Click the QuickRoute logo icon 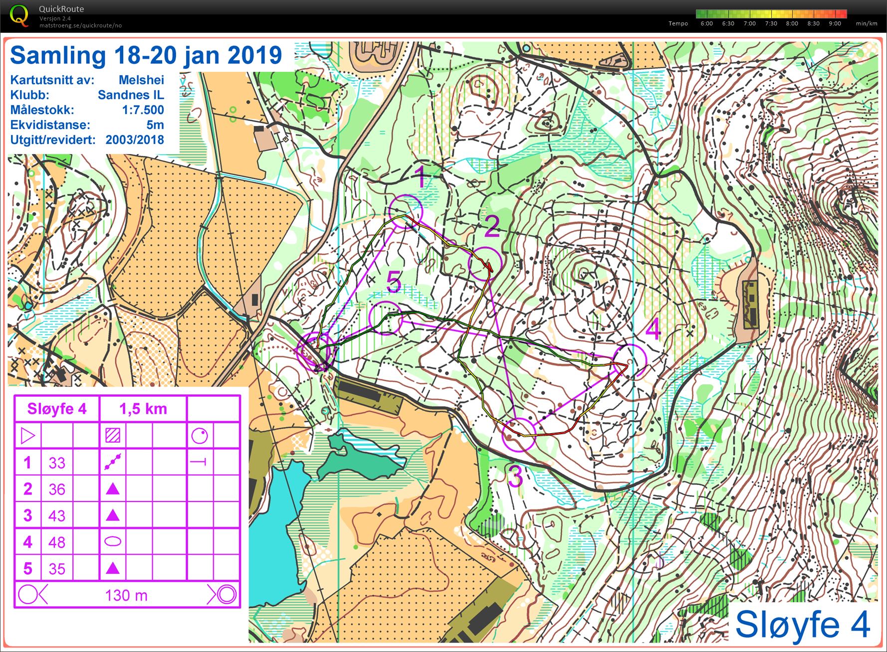[19, 15]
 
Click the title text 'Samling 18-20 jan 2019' [146, 55]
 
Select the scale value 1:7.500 [143, 110]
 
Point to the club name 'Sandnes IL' [131, 95]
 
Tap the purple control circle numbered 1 [406, 211]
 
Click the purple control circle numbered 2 [484, 264]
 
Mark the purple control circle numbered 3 [519, 435]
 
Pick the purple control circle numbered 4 [630, 361]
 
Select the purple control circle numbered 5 [385, 318]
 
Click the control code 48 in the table [57, 542]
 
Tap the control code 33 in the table [57, 463]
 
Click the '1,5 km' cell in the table [143, 409]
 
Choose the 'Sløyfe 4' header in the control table [57, 409]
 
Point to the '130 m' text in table [126, 595]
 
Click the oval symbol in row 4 [113, 541]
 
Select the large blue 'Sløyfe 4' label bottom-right [802, 624]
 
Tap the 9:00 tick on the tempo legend [835, 23]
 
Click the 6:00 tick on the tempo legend [706, 23]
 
